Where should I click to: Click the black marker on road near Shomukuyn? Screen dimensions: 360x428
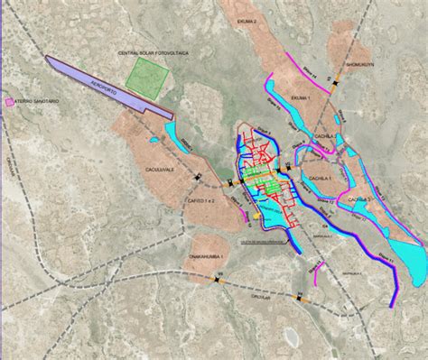pyautogui.click(x=334, y=83)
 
